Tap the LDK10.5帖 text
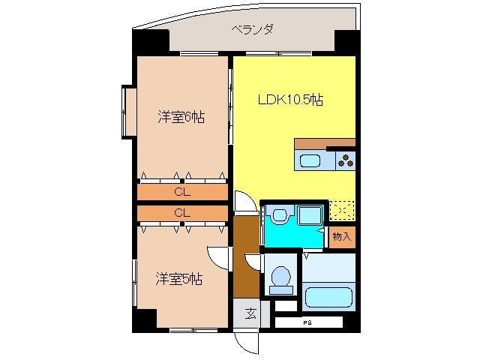click(x=291, y=100)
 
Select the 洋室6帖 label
click(x=181, y=117)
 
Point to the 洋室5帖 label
click(x=179, y=279)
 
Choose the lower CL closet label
click(x=181, y=213)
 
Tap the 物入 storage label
click(x=341, y=237)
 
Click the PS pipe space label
click(x=307, y=322)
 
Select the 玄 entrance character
click(x=250, y=313)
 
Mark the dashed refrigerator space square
click(x=341, y=211)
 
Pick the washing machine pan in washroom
click(x=310, y=215)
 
